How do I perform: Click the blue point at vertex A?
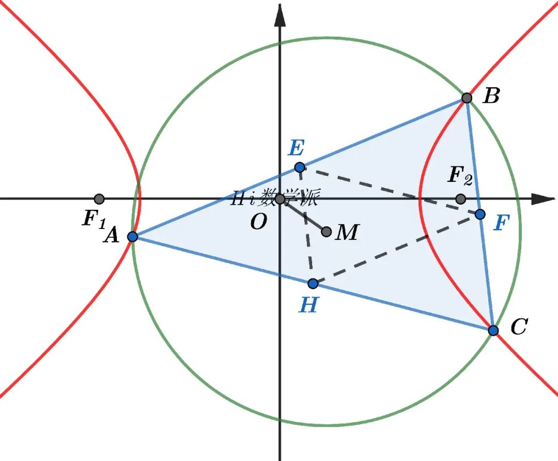pos(133,236)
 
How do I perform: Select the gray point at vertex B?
pos(467,98)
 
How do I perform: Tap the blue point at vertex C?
pos(493,330)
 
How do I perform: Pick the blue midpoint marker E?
pos(300,167)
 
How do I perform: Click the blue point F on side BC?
pos(480,214)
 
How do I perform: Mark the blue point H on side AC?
pos(313,283)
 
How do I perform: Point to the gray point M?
pos(327,232)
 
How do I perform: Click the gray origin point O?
pos(280,199)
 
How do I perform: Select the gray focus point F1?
pos(99,198)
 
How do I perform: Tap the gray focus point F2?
pos(460,198)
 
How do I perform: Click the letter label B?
pos(491,96)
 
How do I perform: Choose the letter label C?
pos(519,326)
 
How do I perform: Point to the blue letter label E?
pos(297,148)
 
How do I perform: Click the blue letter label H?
pos(308,304)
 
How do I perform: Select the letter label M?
pos(347,232)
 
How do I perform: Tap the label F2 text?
pos(460,176)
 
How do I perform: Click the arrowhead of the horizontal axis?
pos(544,199)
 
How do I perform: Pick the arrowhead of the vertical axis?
pos(280,16)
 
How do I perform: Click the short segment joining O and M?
pos(303,216)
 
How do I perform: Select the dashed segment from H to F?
pos(396,249)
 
